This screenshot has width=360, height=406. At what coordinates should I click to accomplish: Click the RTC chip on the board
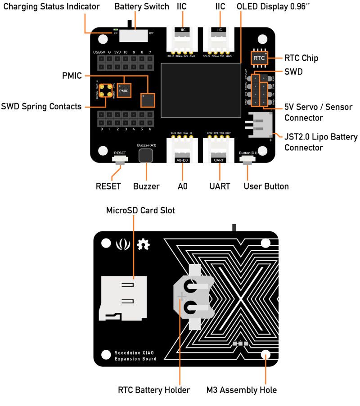point(259,58)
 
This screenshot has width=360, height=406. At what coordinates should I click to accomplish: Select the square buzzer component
point(145,155)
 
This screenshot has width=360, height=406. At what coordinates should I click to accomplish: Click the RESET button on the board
point(120,159)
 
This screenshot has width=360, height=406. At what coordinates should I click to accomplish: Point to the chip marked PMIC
point(124,90)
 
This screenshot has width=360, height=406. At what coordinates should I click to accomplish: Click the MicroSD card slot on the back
point(123,298)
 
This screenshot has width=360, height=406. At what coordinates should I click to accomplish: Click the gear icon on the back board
point(144,244)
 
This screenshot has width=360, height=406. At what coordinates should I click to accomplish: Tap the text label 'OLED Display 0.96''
point(269,7)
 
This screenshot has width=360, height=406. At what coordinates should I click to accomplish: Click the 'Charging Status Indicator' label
point(51,7)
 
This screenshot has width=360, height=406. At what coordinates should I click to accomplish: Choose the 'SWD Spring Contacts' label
point(41,107)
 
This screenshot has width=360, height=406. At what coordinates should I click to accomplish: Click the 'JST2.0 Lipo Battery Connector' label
point(321,142)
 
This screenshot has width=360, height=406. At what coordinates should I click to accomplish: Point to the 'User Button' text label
point(266,186)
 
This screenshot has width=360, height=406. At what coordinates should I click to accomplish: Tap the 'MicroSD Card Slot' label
point(140,210)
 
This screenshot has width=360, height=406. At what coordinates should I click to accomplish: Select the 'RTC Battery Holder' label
point(154,390)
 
